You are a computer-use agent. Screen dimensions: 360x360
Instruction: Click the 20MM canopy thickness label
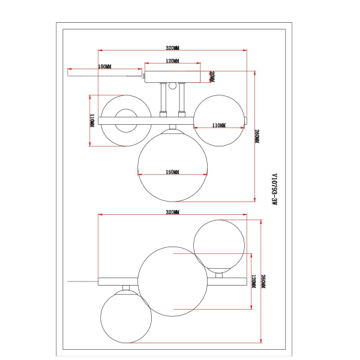pos(212,76)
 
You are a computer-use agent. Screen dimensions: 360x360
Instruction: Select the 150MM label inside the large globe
pos(172,172)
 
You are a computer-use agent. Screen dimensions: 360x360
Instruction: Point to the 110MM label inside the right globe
pos(219,125)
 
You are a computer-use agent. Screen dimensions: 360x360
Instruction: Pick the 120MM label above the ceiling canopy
pos(172,61)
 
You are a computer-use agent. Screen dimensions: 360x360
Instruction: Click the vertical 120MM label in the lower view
pos(253,282)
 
